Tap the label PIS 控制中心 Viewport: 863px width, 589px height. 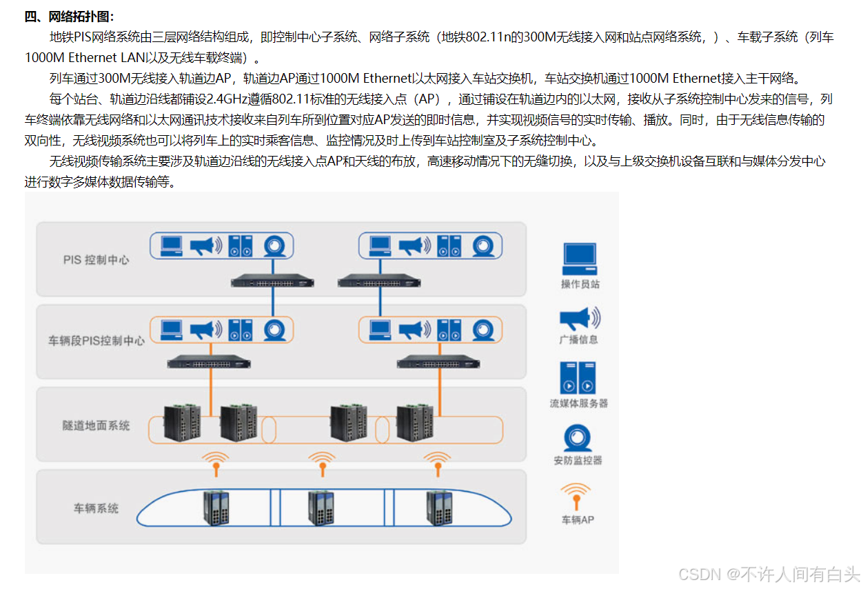(x=96, y=260)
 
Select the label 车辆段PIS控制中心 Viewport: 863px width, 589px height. (x=97, y=341)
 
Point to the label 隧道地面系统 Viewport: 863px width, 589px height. (x=96, y=426)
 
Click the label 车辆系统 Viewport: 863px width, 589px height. (x=96, y=508)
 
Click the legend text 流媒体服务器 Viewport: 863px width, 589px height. (x=578, y=403)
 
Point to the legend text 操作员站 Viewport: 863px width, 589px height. (x=580, y=284)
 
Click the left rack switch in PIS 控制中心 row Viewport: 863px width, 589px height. (x=272, y=281)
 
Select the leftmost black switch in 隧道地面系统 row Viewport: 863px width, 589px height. (x=183, y=423)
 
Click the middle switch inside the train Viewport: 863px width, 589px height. (x=321, y=509)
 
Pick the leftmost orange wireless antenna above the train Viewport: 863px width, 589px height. (x=216, y=463)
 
